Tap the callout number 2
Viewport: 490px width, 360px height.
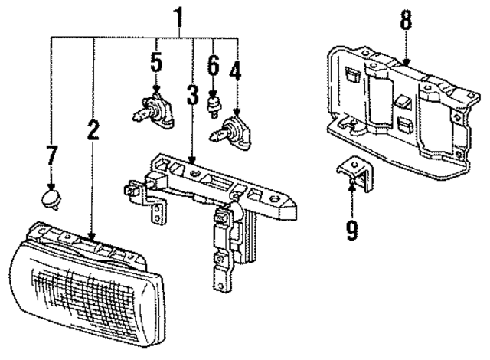[x=93, y=130]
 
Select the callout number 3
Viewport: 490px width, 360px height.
[x=192, y=98]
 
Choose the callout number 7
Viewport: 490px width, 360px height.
[x=51, y=155]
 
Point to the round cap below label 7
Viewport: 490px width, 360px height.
[x=51, y=201]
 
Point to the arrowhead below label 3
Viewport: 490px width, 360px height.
[x=192, y=157]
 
